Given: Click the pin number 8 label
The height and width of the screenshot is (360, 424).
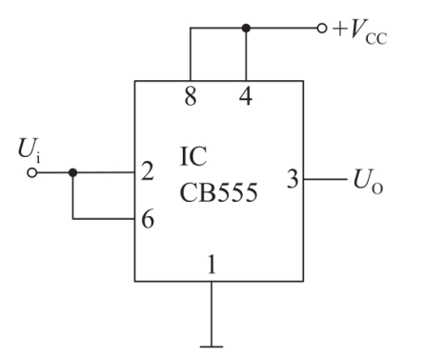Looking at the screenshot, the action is [191, 96].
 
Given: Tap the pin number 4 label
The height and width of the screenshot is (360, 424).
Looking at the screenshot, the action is [246, 96].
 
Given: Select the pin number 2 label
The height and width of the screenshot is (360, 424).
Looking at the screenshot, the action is [148, 171].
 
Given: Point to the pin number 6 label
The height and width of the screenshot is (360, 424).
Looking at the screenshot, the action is [148, 219].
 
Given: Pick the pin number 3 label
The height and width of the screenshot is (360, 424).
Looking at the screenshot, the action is [293, 179].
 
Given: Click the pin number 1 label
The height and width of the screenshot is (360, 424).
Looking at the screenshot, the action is [212, 264].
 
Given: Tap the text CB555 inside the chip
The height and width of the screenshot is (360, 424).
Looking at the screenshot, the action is [218, 192].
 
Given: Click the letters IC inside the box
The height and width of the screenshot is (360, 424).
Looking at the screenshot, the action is [193, 156].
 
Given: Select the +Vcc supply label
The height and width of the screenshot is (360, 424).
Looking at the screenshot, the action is [359, 31].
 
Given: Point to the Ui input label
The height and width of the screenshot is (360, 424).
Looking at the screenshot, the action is [30, 150].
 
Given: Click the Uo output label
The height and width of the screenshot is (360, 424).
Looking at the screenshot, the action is [368, 181].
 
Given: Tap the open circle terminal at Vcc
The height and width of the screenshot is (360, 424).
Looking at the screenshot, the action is [321, 29].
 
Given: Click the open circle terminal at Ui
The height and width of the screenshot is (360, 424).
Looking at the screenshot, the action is [31, 173].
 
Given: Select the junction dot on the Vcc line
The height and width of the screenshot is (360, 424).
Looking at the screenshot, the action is [246, 29].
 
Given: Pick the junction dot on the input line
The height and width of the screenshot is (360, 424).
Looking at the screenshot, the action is [72, 173].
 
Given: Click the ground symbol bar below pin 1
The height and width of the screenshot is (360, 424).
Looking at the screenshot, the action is [212, 347].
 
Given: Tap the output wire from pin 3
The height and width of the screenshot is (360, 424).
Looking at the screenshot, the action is [326, 179].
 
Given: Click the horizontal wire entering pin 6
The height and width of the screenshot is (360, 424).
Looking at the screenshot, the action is [104, 219].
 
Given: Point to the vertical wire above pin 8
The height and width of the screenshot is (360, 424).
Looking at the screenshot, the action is [191, 54].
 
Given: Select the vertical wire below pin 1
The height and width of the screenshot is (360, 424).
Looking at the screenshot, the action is [212, 313].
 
